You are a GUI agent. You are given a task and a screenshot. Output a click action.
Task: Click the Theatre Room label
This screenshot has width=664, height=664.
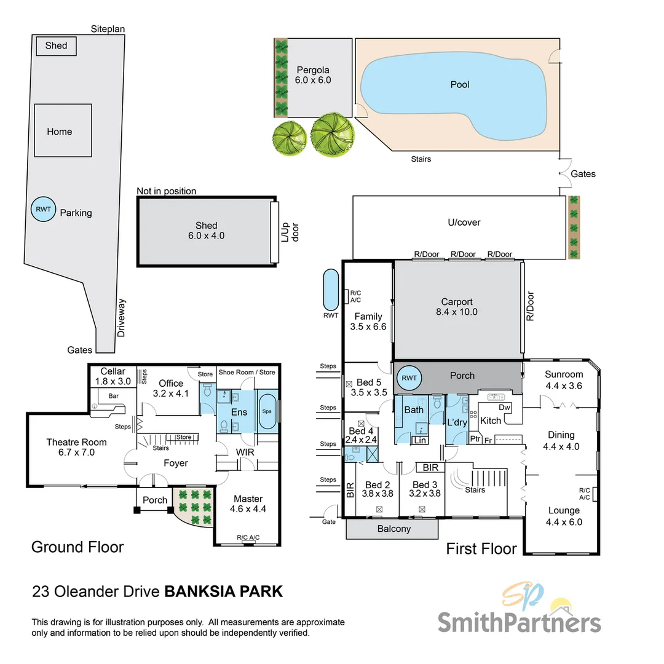click(x=76, y=448)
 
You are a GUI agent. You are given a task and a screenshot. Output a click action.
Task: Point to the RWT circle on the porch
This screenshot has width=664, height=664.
click(x=408, y=377)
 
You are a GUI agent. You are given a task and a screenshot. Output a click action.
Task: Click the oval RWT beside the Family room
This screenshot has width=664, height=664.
click(x=331, y=290)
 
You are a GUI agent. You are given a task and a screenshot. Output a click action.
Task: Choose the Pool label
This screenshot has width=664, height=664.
click(x=459, y=84)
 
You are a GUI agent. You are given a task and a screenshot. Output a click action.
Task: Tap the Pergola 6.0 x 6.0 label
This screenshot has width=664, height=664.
click(x=314, y=75)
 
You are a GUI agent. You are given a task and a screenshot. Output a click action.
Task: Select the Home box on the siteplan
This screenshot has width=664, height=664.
click(x=62, y=131)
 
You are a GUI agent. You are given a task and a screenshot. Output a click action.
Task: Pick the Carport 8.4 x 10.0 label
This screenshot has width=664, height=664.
click(x=456, y=307)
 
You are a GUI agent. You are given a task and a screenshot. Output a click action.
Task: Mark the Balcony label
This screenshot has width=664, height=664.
click(x=393, y=529)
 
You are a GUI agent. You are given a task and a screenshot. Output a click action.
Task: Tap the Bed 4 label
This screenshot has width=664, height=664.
click(x=361, y=435)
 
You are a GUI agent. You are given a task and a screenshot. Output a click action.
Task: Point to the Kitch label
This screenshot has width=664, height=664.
click(x=490, y=421)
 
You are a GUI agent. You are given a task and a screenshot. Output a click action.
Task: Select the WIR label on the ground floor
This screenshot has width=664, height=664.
click(x=245, y=453)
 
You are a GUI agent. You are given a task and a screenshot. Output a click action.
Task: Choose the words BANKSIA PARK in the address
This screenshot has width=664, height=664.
click(x=223, y=591)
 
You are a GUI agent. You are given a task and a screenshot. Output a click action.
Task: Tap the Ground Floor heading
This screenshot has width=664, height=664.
click(x=77, y=547)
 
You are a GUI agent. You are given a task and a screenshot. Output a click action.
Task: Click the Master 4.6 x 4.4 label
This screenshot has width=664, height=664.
click(x=248, y=504)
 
